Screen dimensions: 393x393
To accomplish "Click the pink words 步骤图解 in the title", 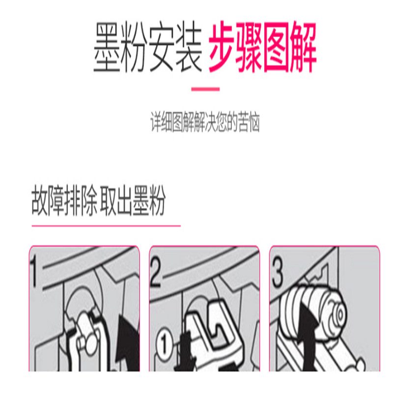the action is click(x=263, y=47).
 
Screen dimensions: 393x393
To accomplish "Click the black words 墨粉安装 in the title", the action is click(x=148, y=47).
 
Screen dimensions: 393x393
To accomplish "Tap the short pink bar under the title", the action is click(x=205, y=89).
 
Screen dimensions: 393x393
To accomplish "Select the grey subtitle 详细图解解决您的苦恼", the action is click(x=205, y=122).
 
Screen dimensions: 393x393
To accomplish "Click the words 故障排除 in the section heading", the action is click(x=64, y=200).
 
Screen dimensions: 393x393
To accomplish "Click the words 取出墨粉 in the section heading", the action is click(x=133, y=200).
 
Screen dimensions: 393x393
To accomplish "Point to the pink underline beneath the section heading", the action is click(x=106, y=226).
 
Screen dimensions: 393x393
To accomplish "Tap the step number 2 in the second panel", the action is click(x=156, y=272).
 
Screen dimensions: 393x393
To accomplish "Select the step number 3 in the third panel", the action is click(x=277, y=273).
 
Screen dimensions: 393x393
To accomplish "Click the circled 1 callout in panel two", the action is click(x=165, y=344).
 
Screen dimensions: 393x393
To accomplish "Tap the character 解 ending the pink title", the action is click(x=304, y=47).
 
